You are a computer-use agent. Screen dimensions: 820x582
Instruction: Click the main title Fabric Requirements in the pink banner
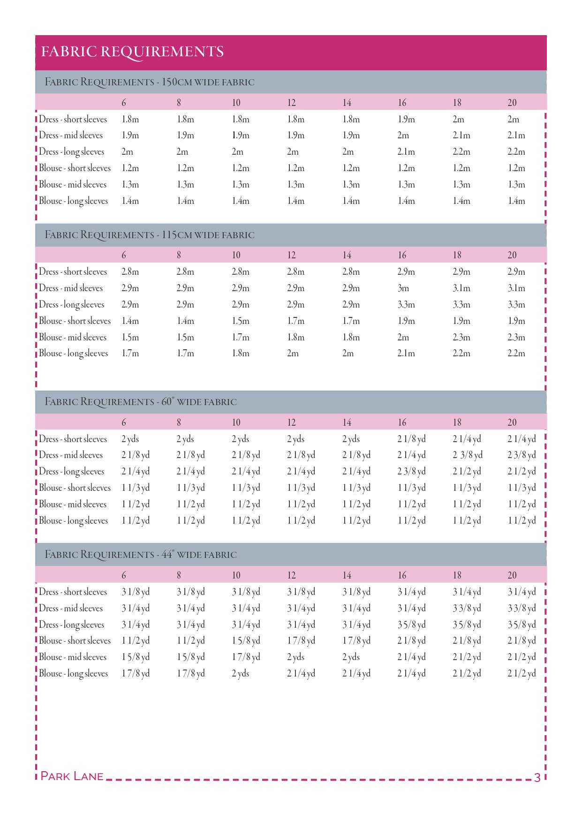(132, 52)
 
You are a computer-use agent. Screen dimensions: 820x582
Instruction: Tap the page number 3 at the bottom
(537, 777)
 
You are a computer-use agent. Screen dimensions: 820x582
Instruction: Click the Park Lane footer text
(72, 776)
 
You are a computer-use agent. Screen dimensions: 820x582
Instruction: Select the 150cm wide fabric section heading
(150, 82)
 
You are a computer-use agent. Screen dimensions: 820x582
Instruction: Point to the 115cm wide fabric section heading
(150, 235)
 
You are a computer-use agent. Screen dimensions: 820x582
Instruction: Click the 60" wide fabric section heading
(141, 402)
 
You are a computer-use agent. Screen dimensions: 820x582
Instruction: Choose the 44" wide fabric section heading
(141, 555)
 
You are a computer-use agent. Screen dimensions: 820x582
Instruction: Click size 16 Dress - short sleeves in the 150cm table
(406, 120)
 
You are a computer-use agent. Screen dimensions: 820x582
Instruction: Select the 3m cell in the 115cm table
(403, 288)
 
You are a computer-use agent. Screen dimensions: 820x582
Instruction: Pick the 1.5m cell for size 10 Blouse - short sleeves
(241, 321)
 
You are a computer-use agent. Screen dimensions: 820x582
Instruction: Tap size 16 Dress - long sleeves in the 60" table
(412, 472)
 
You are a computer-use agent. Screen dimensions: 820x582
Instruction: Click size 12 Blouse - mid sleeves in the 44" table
(296, 657)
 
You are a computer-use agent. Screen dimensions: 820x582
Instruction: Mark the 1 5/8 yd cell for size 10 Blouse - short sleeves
(246, 641)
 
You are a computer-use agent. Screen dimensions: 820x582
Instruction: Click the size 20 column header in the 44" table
(512, 575)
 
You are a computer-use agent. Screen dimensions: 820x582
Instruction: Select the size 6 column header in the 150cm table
(124, 103)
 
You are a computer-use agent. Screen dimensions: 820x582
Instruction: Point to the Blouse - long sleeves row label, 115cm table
(74, 354)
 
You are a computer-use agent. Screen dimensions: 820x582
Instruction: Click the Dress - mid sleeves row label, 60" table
(71, 455)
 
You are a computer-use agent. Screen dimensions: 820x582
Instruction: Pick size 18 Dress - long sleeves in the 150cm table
(461, 152)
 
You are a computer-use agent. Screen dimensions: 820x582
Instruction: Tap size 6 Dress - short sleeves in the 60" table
(130, 439)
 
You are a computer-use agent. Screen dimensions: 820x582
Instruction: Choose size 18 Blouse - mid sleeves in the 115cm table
(461, 338)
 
